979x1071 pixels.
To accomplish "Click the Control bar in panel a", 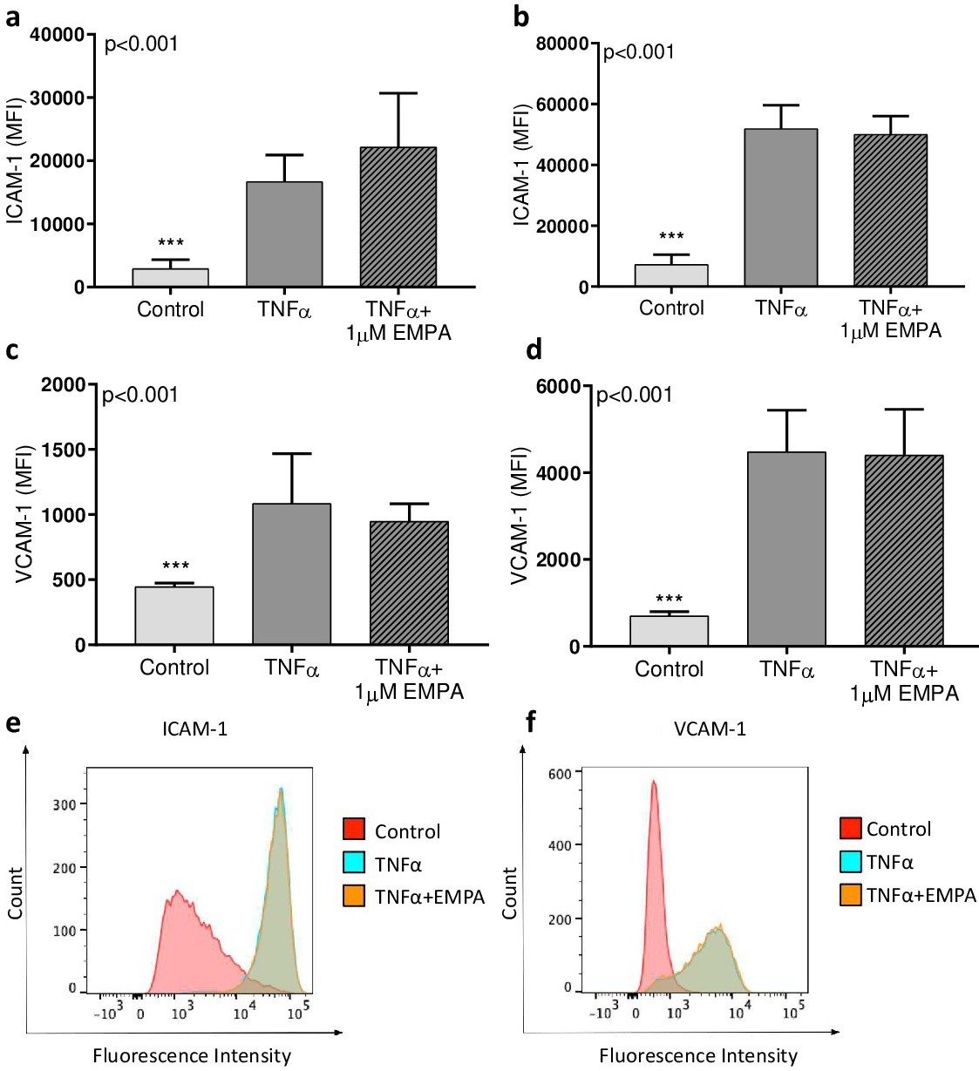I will pyautogui.click(x=171, y=277).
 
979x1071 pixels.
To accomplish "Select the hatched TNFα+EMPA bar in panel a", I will pyautogui.click(x=398, y=217).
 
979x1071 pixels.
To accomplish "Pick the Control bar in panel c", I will pyautogui.click(x=174, y=615).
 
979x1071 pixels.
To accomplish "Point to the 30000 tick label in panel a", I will pyautogui.click(x=57, y=98).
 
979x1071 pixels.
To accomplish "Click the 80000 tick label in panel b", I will pyautogui.click(x=562, y=44).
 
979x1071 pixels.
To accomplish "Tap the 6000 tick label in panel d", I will pyautogui.click(x=558, y=386).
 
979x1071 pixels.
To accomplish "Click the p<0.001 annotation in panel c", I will pyautogui.click(x=140, y=395).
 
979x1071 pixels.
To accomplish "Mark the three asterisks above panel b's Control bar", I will pyautogui.click(x=671, y=237).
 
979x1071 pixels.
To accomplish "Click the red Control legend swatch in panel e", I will pyautogui.click(x=354, y=829).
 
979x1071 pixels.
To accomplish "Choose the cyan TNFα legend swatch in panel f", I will pyautogui.click(x=850, y=862).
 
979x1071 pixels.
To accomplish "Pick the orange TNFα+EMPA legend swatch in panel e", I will pyautogui.click(x=354, y=896).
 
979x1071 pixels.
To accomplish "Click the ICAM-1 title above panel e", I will pyautogui.click(x=194, y=729).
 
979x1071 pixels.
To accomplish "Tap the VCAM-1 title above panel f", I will pyautogui.click(x=710, y=729).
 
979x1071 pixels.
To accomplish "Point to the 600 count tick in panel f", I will pyautogui.click(x=560, y=774).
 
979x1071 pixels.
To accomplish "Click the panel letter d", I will pyautogui.click(x=534, y=349).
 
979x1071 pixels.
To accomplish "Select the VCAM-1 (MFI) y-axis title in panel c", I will pyautogui.click(x=24, y=513).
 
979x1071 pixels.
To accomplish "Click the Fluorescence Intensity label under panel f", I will pyautogui.click(x=697, y=1056).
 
